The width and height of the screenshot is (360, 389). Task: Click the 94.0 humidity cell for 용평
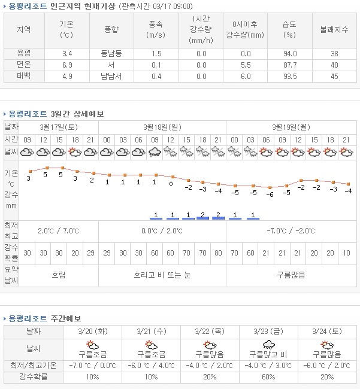pos(290,53)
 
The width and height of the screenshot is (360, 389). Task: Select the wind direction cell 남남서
pos(111,76)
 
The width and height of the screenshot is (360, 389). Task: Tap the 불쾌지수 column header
pos(334,29)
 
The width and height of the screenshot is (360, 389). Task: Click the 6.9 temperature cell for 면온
pos(67,65)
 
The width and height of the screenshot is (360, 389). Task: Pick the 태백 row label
pos(25,76)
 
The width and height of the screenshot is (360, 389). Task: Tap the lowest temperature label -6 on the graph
pos(270,194)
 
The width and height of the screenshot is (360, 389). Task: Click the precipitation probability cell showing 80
pos(217,253)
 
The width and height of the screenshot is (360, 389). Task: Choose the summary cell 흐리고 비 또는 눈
pos(162,275)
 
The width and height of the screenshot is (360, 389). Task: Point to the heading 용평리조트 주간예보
pos(43,318)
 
